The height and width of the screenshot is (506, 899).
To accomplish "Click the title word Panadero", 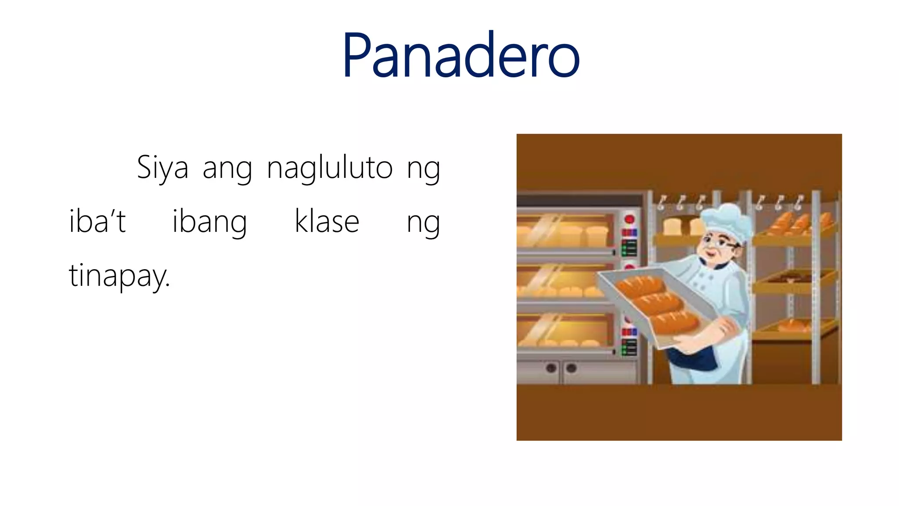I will pos(461,56).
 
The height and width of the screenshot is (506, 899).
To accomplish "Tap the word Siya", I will pos(162,168).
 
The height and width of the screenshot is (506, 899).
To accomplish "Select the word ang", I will pos(227,170).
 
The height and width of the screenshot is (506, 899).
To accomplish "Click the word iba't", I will pos(97,221).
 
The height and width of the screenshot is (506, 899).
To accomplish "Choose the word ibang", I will pos(209,222).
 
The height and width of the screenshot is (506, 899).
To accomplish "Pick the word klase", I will pos(327,221).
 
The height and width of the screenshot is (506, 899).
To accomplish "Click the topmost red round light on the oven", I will pos(629,219).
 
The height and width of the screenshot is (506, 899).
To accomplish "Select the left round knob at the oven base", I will pos(551,368).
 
